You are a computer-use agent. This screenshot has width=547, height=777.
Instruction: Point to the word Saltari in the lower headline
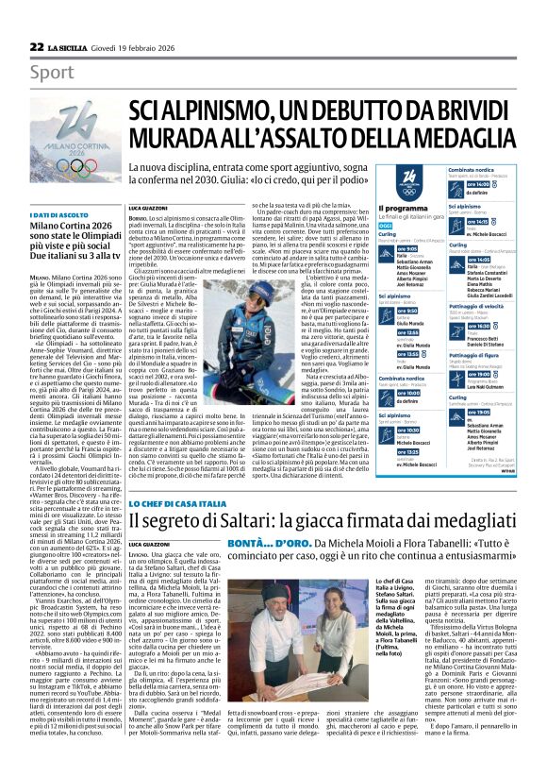point(237,520)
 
